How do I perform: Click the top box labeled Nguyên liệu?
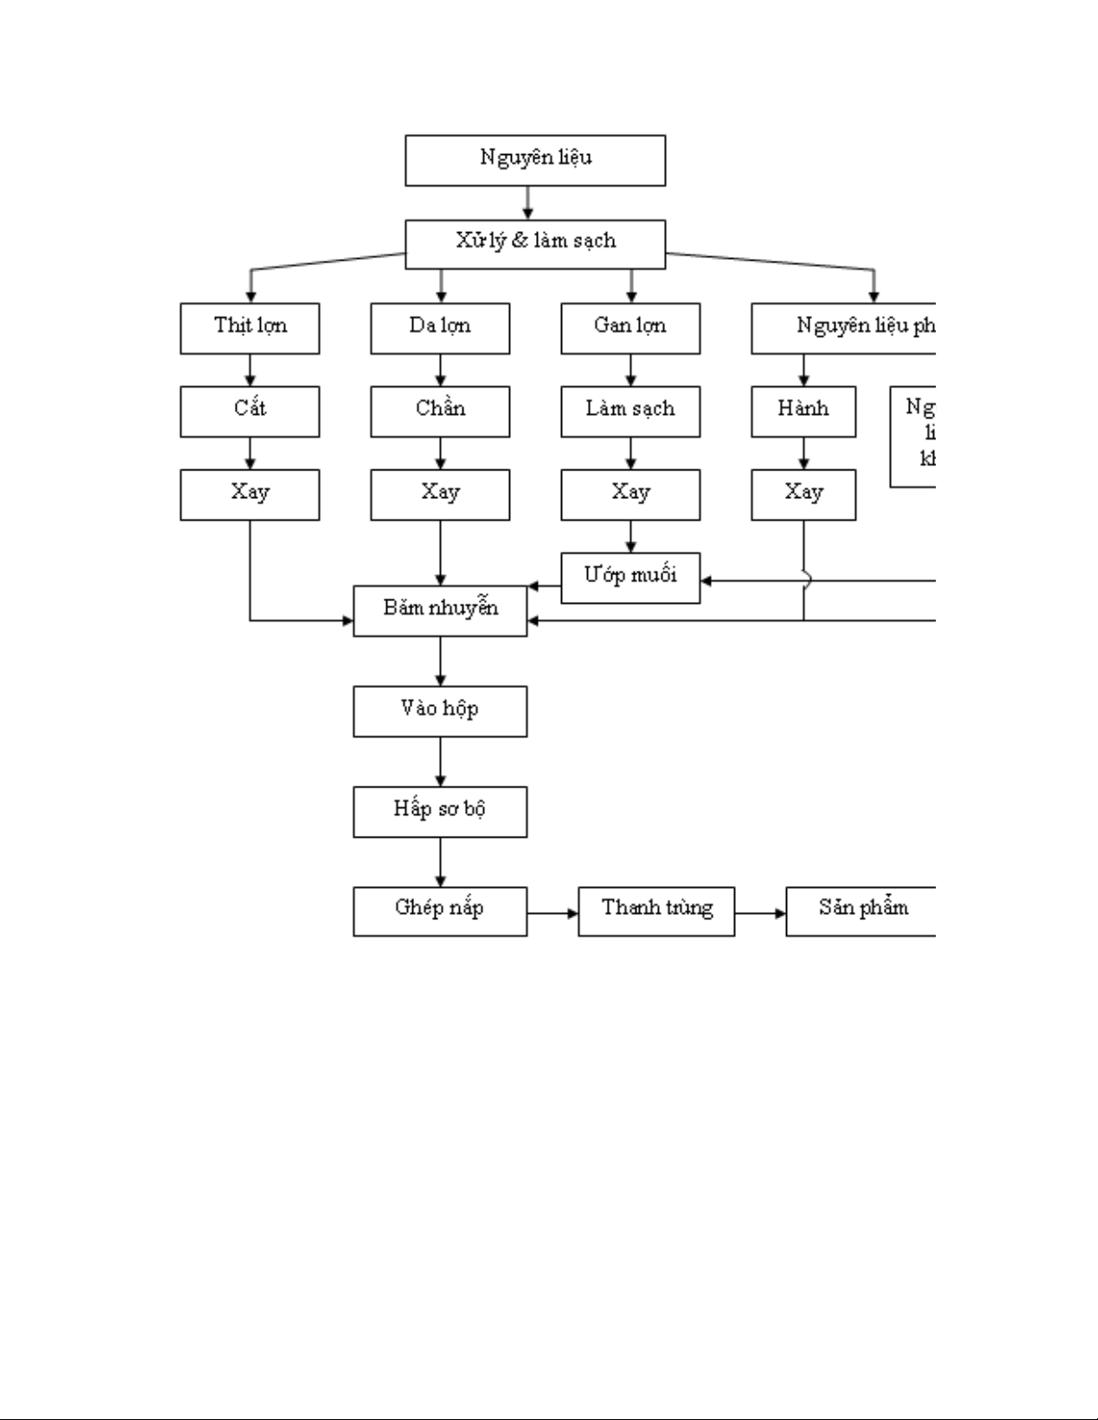tap(535, 160)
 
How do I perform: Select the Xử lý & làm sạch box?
tap(535, 244)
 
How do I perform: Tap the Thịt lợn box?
tap(249, 328)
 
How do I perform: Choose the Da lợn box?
tap(440, 328)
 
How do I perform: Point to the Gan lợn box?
tap(630, 328)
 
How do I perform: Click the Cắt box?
tap(249, 411)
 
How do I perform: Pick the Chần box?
tap(440, 411)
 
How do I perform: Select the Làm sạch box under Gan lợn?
tap(630, 411)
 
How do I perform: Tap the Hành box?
tap(803, 411)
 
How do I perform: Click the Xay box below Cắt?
tap(249, 495)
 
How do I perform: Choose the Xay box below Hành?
tap(803, 495)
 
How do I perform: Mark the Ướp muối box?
tap(630, 578)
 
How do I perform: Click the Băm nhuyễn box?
tap(440, 611)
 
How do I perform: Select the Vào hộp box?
tap(440, 711)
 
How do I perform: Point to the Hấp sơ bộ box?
tap(440, 812)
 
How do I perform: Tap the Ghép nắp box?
tap(440, 911)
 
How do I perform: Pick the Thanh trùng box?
tap(656, 911)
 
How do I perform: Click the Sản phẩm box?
tap(860, 911)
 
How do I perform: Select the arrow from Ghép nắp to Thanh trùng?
tap(553, 914)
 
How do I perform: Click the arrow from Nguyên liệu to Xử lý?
tap(528, 202)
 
